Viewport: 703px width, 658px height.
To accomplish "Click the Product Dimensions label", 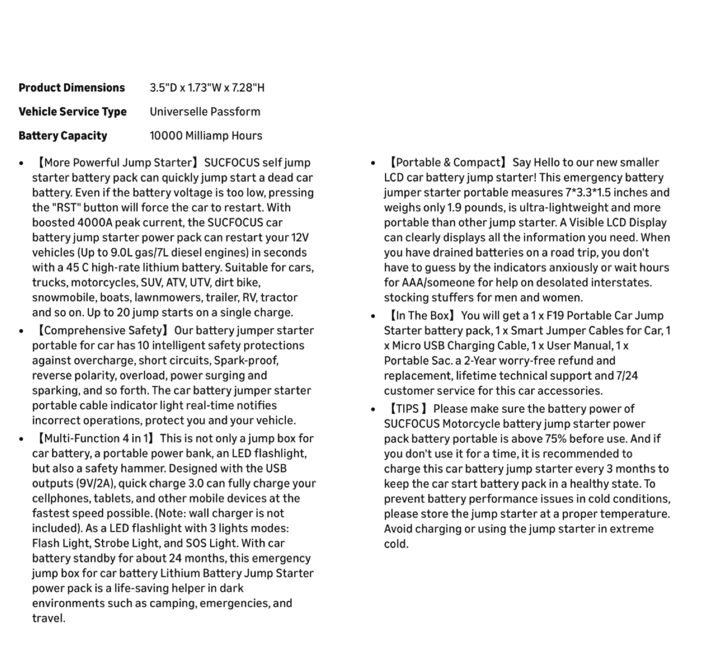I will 72,88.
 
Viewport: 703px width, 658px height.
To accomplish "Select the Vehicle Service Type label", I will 72,112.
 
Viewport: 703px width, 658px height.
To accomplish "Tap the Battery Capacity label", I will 62,136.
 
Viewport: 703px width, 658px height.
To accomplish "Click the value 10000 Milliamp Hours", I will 206,136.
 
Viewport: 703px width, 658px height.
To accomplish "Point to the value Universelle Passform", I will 205,112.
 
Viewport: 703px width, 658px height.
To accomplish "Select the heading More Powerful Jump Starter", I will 118,163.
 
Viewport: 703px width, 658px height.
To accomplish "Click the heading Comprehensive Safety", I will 103,330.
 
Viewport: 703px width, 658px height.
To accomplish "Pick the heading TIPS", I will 408,409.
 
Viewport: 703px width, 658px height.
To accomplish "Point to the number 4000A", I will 94,223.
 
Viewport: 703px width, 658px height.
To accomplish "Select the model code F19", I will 554,316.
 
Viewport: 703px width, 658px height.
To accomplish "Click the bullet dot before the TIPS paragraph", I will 373,410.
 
